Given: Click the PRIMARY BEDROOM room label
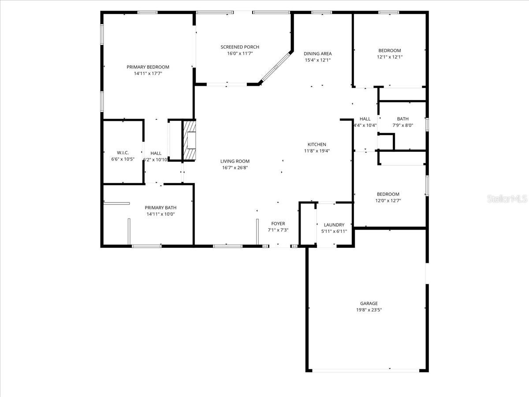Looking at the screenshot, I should click(x=148, y=67).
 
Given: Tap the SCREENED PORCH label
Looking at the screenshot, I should click(x=240, y=47).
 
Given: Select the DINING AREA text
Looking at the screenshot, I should click(x=317, y=54).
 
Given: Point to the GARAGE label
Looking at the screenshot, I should click(x=369, y=303).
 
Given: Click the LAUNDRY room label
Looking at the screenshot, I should click(x=334, y=225).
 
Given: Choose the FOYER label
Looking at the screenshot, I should click(x=278, y=224).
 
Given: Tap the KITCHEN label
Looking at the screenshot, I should click(x=317, y=144).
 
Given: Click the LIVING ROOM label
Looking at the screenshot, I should click(x=235, y=161).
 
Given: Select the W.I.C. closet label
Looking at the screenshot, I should click(x=123, y=153).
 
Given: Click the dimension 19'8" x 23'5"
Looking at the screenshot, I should click(x=369, y=310).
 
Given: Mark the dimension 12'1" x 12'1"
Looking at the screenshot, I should click(x=389, y=57).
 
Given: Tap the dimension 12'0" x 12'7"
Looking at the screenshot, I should click(x=388, y=201).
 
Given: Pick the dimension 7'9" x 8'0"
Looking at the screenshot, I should click(x=402, y=125).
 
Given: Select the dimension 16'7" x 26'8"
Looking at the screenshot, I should click(x=235, y=168).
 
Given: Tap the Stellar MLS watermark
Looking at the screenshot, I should click(x=507, y=199).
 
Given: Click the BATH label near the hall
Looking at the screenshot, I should click(x=402, y=119).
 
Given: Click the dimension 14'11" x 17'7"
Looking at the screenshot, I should click(x=148, y=74).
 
